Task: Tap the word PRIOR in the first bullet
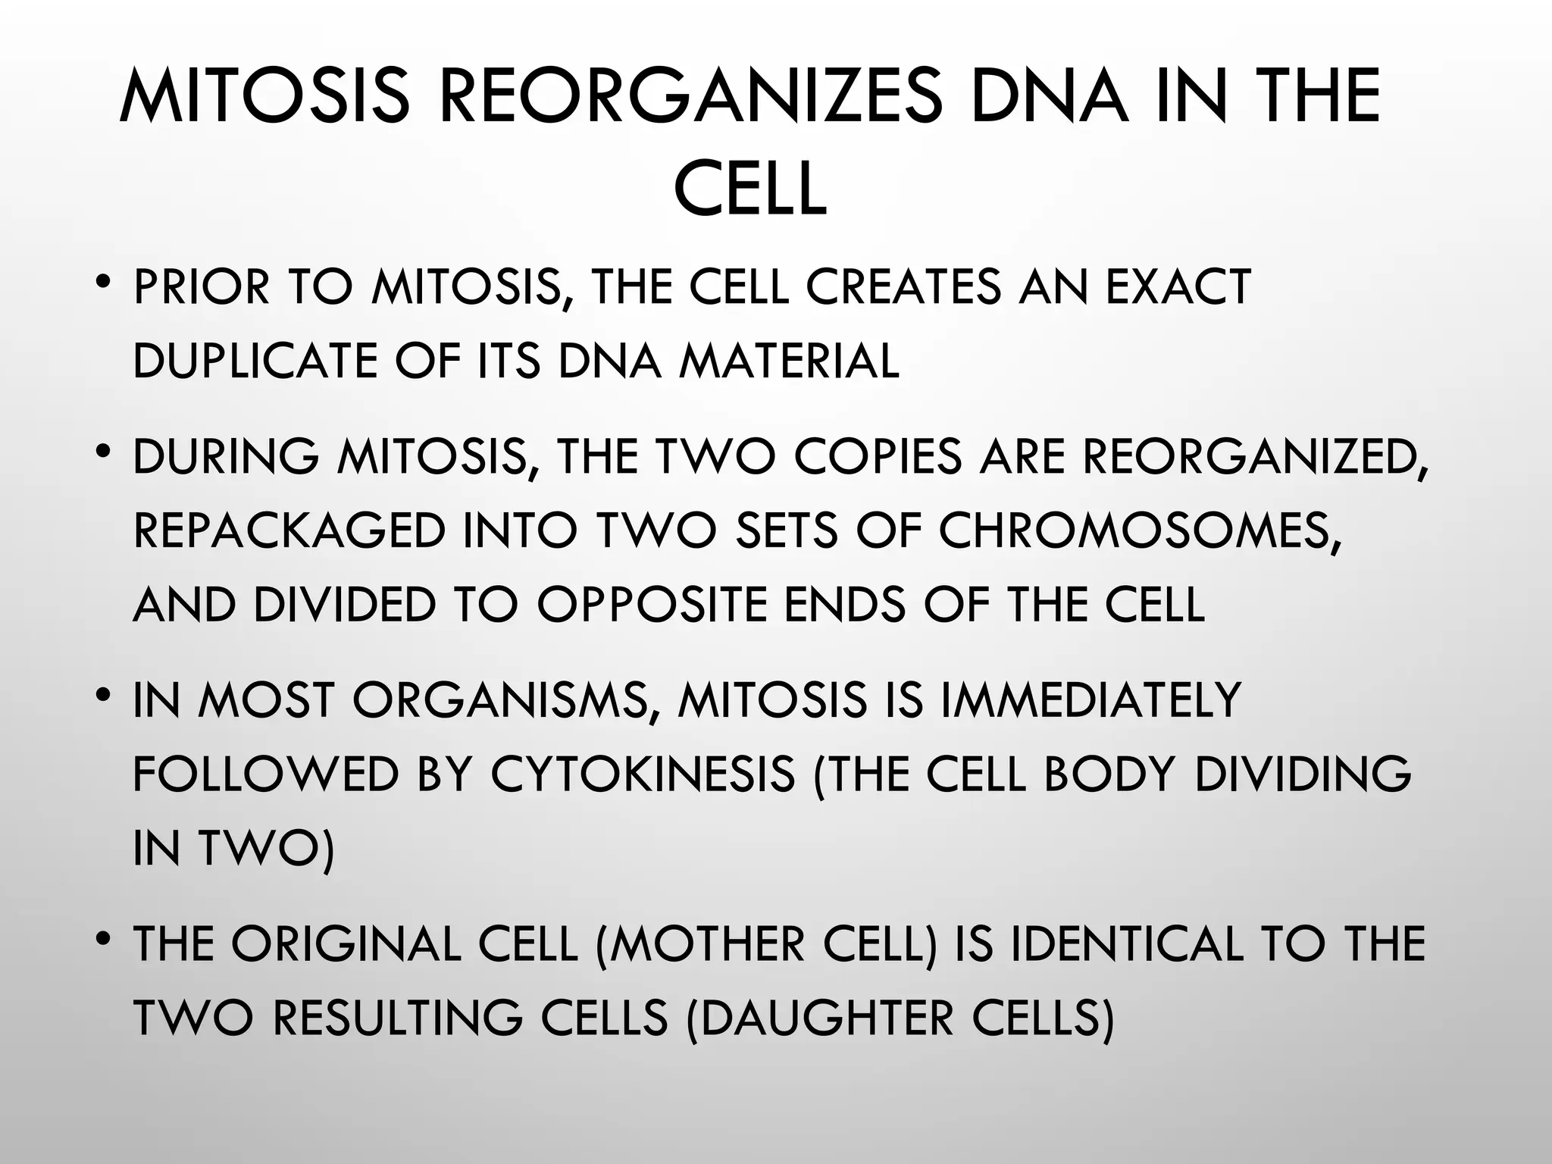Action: click(201, 288)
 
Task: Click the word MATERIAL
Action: click(789, 361)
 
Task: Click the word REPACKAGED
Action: click(289, 530)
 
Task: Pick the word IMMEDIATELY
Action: click(1089, 700)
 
